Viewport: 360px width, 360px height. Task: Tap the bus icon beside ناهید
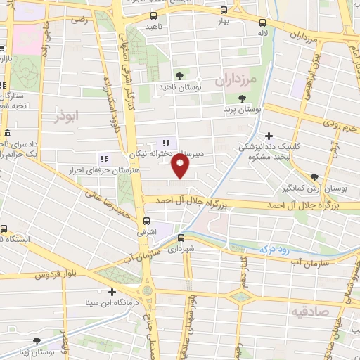click(154, 15)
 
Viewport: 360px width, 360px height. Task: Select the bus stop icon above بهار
click(224, 11)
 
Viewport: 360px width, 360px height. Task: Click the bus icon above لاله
click(262, 21)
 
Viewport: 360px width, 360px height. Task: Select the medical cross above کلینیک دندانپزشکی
click(268, 136)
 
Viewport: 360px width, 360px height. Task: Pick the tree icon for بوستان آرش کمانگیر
click(314, 177)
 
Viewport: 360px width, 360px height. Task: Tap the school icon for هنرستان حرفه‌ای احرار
click(104, 159)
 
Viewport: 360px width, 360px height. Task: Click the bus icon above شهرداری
click(180, 238)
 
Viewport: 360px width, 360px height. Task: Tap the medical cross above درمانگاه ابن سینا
click(111, 291)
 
